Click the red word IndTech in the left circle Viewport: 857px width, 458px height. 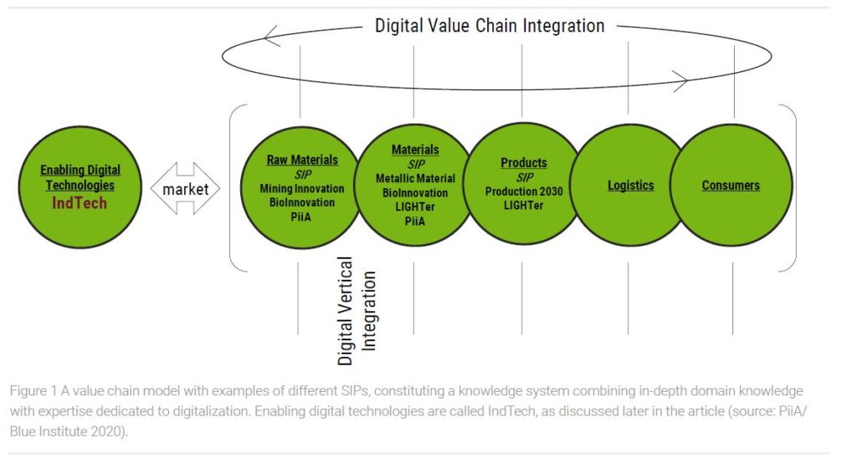point(80,203)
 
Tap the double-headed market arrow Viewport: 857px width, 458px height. point(185,188)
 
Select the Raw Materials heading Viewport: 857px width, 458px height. point(302,160)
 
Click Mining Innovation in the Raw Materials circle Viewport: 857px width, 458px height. point(301,189)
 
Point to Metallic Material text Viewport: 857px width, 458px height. point(415,179)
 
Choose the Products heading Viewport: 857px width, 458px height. point(524,163)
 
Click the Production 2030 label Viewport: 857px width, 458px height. point(524,191)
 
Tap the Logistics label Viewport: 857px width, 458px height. point(631,186)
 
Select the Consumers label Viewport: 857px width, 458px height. point(731,186)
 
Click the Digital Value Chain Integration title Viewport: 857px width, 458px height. point(490,26)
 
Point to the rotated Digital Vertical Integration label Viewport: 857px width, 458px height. point(357,311)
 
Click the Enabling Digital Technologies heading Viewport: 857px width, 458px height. point(80,177)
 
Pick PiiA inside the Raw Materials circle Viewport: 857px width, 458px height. point(301,216)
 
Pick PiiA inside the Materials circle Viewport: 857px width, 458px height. point(415,221)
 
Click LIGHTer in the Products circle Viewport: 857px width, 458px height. point(524,206)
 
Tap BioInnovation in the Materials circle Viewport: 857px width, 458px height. point(415,193)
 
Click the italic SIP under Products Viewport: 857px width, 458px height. point(525,177)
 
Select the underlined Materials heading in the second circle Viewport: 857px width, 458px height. point(415,150)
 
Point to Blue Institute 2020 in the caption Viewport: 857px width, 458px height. point(65,431)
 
